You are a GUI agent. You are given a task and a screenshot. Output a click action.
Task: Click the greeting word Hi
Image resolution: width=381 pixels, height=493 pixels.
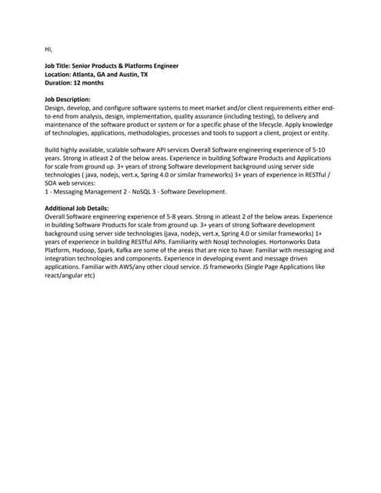(x=48, y=49)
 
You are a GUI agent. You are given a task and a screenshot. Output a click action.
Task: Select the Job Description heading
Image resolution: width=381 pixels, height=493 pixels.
(x=68, y=100)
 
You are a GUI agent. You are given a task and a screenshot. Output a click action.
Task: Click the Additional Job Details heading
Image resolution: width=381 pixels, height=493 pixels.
(x=77, y=208)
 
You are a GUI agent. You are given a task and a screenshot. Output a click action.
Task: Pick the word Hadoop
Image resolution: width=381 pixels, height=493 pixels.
(x=85, y=250)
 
